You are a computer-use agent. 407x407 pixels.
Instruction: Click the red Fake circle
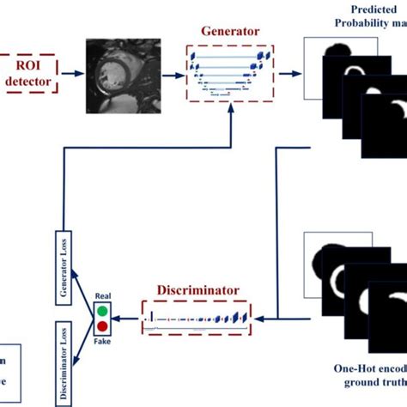coord(104,327)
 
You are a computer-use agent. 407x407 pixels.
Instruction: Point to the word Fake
coord(104,341)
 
